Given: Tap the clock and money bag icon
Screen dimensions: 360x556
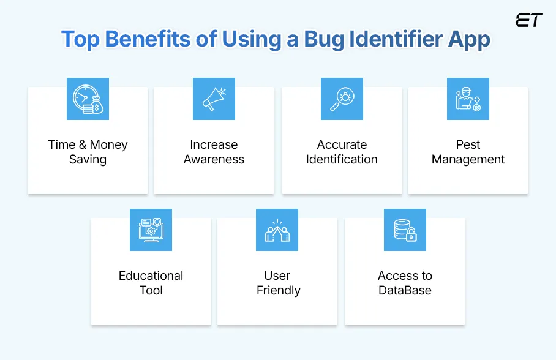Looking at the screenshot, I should (x=88, y=99).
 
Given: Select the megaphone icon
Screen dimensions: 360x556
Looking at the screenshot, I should (x=214, y=99).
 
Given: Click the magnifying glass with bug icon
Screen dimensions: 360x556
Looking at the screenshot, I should (x=342, y=99).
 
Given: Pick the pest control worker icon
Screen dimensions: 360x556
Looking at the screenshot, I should (x=468, y=99).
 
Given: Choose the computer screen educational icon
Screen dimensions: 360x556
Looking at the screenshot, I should (x=151, y=230).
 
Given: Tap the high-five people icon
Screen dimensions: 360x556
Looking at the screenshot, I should (x=277, y=230).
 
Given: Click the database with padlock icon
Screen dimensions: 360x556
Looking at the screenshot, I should (x=405, y=230).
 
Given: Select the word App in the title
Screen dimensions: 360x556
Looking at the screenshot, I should (x=469, y=40).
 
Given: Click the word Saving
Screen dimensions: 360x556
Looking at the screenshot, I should (x=88, y=160).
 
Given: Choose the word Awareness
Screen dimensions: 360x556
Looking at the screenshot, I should (x=214, y=160).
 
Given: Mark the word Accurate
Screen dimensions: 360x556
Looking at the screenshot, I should (x=342, y=145).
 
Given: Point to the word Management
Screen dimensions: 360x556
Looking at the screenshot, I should (x=468, y=160).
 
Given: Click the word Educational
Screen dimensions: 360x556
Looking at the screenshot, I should (x=151, y=276).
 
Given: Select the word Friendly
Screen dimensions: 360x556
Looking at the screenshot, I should (x=278, y=290).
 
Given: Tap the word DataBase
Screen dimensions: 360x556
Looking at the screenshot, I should (x=405, y=290).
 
